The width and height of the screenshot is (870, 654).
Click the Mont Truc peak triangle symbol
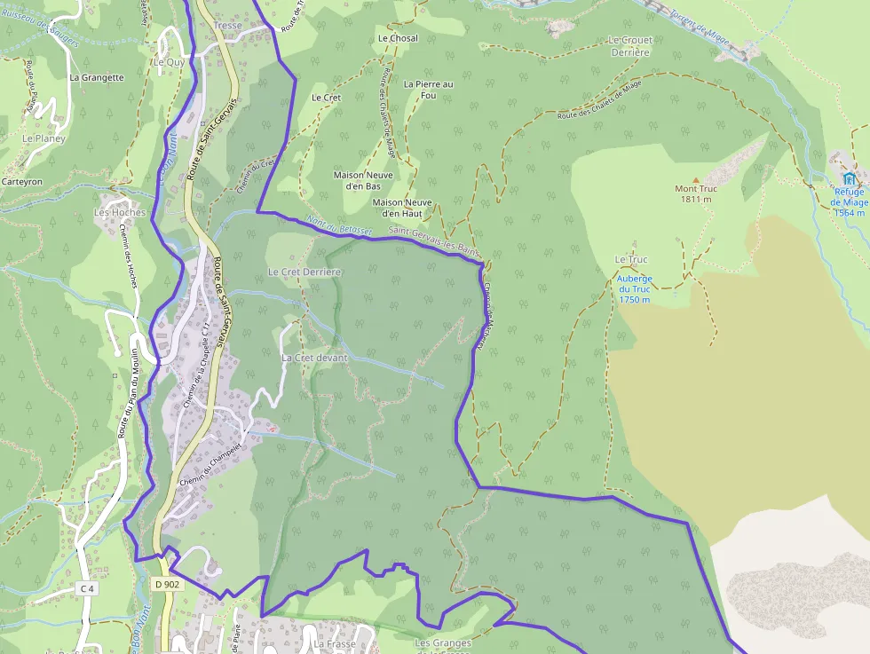[696, 179]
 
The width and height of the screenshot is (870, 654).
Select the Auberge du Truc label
[634, 289]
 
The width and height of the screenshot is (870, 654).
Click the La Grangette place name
[97, 77]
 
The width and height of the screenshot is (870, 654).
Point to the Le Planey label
[44, 139]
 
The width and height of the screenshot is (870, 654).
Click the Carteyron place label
[22, 181]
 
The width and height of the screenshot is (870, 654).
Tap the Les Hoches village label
[120, 213]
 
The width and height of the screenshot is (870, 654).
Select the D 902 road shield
[166, 584]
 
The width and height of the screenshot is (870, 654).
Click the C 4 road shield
[86, 588]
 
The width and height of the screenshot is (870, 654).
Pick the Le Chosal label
[398, 38]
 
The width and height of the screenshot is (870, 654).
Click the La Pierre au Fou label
[428, 90]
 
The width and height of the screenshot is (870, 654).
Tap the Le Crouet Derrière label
[629, 46]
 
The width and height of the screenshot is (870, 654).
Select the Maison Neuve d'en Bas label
[363, 181]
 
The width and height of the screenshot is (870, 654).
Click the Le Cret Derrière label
[304, 271]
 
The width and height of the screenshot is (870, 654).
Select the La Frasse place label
[335, 644]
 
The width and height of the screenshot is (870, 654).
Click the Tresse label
[228, 26]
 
